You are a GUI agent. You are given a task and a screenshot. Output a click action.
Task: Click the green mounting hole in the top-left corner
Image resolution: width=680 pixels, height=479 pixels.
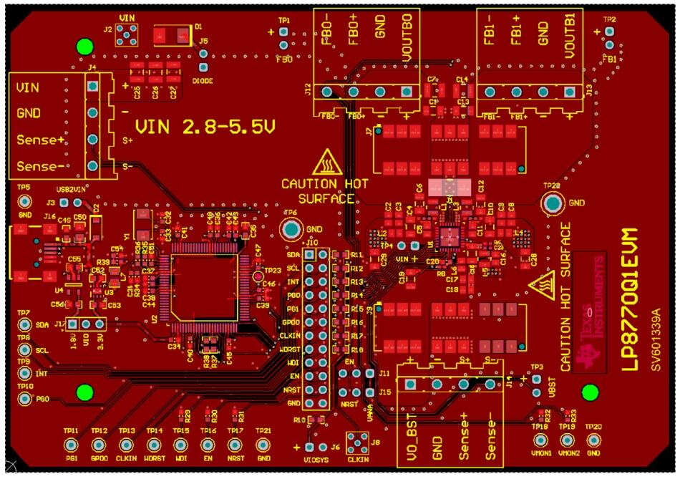(84, 47)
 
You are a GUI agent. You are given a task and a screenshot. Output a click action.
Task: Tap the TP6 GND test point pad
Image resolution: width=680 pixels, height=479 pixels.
(291, 230)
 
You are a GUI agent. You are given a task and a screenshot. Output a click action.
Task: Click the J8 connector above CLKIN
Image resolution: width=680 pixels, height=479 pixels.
(354, 441)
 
